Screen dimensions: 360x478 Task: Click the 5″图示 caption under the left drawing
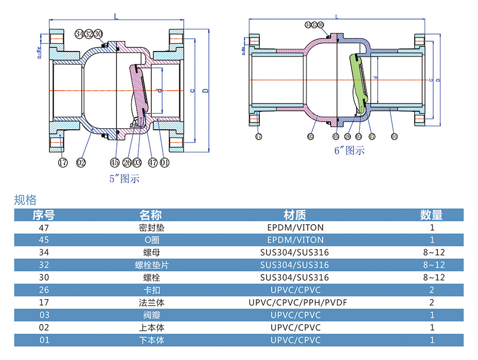(125, 179)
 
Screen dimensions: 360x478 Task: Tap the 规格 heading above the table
(25, 200)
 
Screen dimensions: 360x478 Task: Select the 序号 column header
(44, 215)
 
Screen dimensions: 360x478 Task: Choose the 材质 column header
(295, 215)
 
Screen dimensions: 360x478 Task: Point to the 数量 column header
(431, 215)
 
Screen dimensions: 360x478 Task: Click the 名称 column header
(151, 215)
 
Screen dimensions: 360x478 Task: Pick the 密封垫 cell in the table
(151, 227)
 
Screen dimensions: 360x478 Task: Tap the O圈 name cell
(151, 239)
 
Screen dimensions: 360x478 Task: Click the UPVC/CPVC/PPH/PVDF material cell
(295, 302)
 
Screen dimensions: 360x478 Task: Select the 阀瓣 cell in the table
(151, 315)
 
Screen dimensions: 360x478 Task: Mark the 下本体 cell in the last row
(151, 340)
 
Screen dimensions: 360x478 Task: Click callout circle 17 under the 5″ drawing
(63, 163)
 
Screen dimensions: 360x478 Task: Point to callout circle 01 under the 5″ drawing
(165, 163)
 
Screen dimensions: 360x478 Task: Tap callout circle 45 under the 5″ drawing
(115, 163)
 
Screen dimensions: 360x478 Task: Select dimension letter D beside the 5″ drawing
(205, 91)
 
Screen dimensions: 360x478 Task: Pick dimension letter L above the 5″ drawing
(116, 17)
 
